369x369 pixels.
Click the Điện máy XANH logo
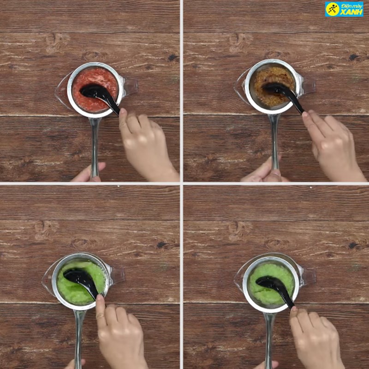(344, 9)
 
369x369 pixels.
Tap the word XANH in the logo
(351, 12)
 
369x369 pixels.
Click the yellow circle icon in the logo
(332, 9)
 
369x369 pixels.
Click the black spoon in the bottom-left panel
(82, 282)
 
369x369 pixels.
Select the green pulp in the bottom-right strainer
(272, 285)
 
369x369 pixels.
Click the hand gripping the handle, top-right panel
(263, 173)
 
